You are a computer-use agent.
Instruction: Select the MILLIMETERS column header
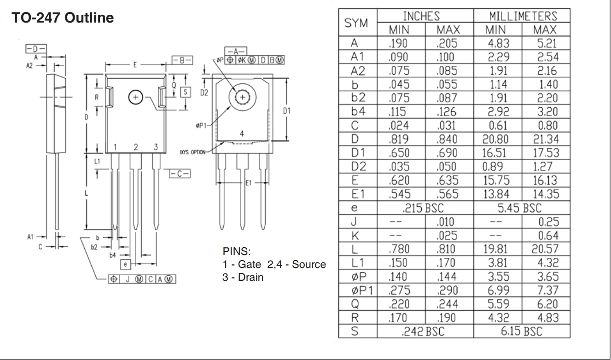point(523,16)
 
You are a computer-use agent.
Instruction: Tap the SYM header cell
point(356,23)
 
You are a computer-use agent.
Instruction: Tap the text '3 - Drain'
point(243,277)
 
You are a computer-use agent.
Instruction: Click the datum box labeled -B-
point(182,60)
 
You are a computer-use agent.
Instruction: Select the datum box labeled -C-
point(180,174)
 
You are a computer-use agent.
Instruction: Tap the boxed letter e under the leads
point(125,264)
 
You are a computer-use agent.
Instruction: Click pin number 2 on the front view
point(135,147)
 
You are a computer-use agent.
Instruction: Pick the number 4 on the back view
point(242,134)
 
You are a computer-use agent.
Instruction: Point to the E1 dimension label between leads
point(248,183)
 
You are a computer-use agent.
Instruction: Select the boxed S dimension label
point(186,92)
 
